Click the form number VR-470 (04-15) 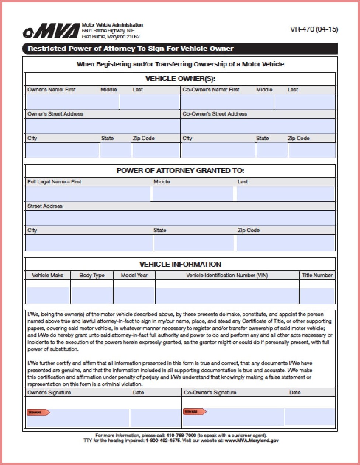[314, 29]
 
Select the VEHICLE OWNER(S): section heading [180, 78]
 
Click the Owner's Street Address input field [103, 126]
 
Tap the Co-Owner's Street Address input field [258, 126]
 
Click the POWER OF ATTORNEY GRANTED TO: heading [180, 171]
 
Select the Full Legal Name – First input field [88, 194]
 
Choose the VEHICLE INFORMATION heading [180, 264]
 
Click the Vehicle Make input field [48, 296]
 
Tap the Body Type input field [92, 296]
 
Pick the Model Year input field [134, 296]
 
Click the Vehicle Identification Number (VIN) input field [227, 296]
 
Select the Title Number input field [317, 296]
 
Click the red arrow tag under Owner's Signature [38, 412]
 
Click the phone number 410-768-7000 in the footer [181, 435]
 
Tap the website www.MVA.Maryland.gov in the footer [252, 440]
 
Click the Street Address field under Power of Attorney [180, 218]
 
